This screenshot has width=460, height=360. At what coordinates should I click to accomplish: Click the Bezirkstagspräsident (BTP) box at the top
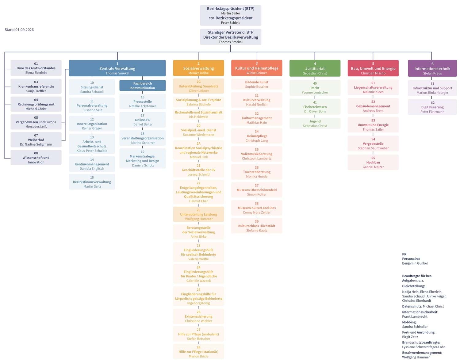pos(230,15)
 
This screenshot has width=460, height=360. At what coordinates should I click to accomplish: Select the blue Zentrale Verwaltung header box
pos(117,68)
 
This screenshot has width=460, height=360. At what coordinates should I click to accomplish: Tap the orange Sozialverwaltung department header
pos(198,68)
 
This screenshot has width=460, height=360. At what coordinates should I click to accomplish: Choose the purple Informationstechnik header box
pos(432,68)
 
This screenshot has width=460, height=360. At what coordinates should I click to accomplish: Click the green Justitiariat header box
pos(315,68)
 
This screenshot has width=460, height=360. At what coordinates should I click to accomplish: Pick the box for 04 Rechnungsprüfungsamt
pos(36,104)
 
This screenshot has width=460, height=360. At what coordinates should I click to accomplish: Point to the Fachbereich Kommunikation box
pos(143,86)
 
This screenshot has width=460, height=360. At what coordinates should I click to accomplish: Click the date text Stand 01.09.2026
pos(19,30)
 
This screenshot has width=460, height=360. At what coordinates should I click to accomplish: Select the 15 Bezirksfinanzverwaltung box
pos(92,182)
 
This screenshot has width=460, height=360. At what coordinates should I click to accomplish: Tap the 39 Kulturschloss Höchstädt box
pos(257,226)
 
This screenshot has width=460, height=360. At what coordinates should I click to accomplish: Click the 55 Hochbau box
pos(373,162)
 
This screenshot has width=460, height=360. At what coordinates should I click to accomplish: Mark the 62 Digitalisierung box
pos(432,107)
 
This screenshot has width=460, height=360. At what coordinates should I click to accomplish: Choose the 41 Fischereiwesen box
pos(315,107)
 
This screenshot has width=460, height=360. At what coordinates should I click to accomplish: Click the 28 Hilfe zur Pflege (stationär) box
pos(198,351)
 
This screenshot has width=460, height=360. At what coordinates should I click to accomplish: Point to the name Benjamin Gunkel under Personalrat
pos(415,263)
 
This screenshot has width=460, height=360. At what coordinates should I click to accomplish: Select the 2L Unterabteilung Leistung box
pos(198,214)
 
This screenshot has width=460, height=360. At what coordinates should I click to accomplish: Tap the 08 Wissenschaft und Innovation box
pos(36,157)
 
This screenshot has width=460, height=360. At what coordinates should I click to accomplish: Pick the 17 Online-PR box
pos(143,120)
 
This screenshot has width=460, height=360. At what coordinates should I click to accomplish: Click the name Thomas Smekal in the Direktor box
pos(231,42)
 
